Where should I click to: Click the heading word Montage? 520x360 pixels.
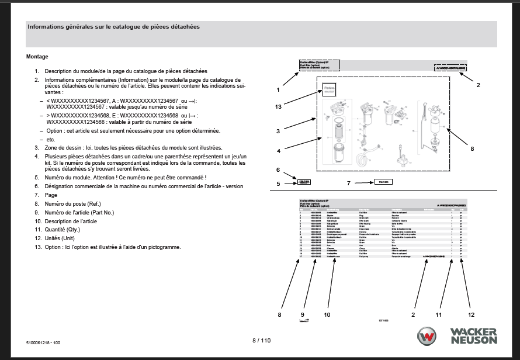pyautogui.click(x=37, y=57)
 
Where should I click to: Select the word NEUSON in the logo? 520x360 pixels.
pyautogui.click(x=474, y=340)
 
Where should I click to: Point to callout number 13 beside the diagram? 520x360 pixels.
pyautogui.click(x=278, y=106)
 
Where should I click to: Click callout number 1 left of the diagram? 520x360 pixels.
pyautogui.click(x=278, y=90)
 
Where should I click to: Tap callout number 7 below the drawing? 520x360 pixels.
pyautogui.click(x=348, y=184)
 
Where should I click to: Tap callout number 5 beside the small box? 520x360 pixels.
pyautogui.click(x=278, y=184)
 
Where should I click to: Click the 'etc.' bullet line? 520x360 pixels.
pyautogui.click(x=50, y=139)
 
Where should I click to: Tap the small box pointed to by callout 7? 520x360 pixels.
pyautogui.click(x=382, y=183)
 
